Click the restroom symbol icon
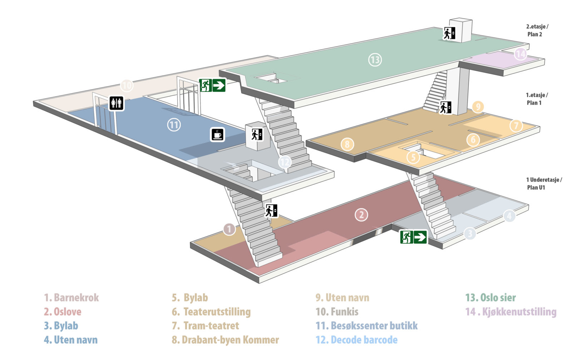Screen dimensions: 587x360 point(116,103)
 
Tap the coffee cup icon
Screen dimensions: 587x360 point(217,135)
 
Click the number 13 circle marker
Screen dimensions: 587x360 point(375,60)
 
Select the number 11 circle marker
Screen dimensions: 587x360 point(174,125)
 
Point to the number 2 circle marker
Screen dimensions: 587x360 point(361,215)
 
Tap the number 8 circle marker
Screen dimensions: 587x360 point(347,144)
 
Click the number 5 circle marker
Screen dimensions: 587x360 point(413,157)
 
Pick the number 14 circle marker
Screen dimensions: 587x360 point(521,54)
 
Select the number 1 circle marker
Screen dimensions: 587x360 point(229,229)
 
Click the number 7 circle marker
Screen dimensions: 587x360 point(516,125)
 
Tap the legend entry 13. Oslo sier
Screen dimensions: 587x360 point(490,298)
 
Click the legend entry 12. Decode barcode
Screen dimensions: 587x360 point(357,340)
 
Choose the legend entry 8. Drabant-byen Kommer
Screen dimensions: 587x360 point(225,340)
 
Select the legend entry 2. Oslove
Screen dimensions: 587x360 point(63,312)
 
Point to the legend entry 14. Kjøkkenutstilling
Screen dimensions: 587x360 point(511,312)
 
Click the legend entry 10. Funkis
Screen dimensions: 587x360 point(337,312)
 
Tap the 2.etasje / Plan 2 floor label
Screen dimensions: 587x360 point(537,30)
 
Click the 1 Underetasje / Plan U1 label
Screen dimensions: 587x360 point(544,183)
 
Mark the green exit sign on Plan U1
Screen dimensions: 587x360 point(413,237)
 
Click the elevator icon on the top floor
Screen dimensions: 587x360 point(449,33)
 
